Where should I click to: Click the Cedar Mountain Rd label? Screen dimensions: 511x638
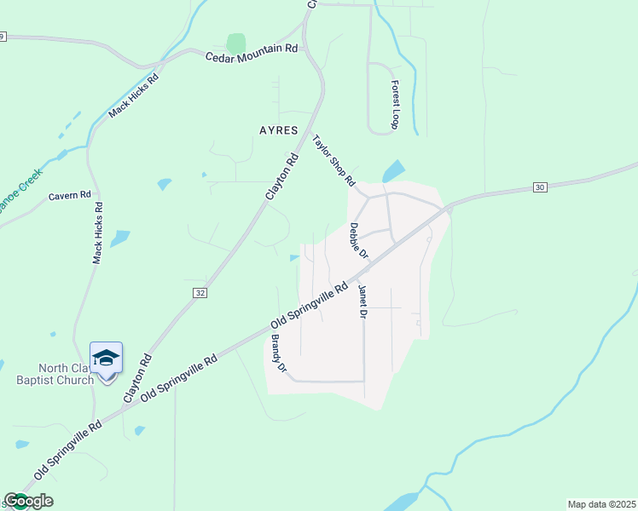click(x=251, y=53)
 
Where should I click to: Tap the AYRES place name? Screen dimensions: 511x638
click(x=278, y=131)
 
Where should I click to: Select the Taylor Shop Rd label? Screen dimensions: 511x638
click(x=333, y=160)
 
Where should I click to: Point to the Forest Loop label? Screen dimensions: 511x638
click(x=395, y=105)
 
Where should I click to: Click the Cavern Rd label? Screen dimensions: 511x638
click(x=69, y=196)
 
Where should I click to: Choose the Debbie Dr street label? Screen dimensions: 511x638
click(x=358, y=241)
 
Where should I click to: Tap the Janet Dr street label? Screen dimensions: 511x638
click(x=362, y=301)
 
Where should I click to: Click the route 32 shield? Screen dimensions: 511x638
click(x=200, y=292)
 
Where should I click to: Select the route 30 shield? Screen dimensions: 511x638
click(x=539, y=187)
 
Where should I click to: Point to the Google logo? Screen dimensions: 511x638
click(x=28, y=501)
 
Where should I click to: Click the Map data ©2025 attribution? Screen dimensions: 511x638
click(x=601, y=504)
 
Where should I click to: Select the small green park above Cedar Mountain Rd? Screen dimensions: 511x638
click(x=236, y=43)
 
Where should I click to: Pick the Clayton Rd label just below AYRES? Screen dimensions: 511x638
click(x=282, y=176)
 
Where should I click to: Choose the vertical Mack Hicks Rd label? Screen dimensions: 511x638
click(x=98, y=231)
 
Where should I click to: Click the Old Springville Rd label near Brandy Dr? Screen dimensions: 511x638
click(x=310, y=307)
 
